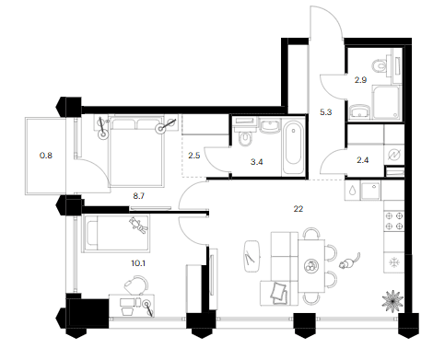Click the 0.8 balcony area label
(46, 156)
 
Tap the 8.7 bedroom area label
(139, 196)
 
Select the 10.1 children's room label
(138, 263)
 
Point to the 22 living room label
(298, 209)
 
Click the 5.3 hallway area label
(326, 112)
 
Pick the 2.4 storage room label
(363, 160)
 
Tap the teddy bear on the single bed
(138, 226)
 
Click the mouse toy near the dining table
(349, 261)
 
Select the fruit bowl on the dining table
(311, 266)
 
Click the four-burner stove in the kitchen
(394, 221)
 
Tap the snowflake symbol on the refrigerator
(393, 262)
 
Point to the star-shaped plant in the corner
(392, 299)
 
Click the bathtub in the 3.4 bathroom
(293, 146)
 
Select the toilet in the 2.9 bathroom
(379, 65)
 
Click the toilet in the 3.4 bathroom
(245, 139)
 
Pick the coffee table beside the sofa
(252, 256)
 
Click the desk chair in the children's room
(136, 285)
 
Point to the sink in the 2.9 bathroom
(359, 110)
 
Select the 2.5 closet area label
(194, 156)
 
